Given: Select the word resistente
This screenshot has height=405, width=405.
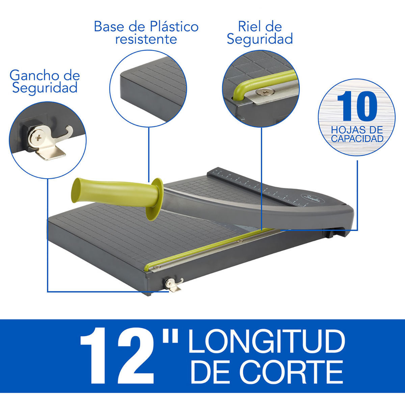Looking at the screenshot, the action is (146, 39).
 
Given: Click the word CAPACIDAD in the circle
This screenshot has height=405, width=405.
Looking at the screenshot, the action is (357, 139).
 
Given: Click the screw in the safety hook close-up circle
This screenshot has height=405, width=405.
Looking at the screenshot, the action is (38, 138).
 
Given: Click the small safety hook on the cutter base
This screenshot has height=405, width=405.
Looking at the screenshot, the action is (174, 285).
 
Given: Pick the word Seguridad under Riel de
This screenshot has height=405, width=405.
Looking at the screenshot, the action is (260, 39).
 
